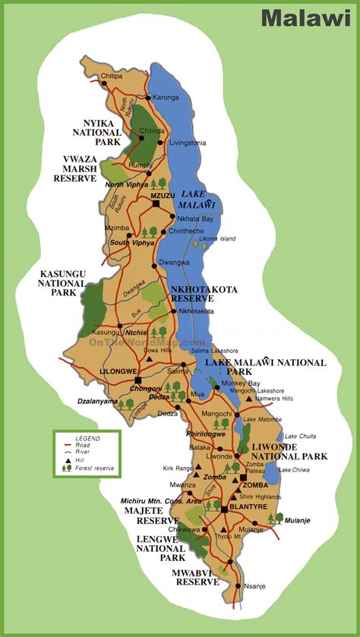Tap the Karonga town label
click(x=166, y=98)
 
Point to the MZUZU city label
click(x=163, y=196)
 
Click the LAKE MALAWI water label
click(x=197, y=200)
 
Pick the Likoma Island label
click(x=217, y=239)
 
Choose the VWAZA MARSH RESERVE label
click(x=74, y=169)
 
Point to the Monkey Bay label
click(x=245, y=383)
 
